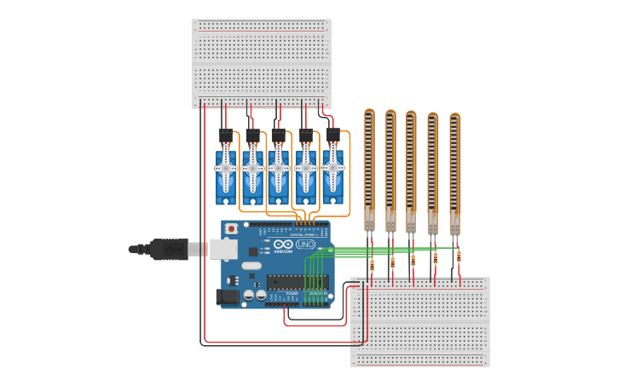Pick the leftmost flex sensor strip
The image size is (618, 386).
coord(369,166)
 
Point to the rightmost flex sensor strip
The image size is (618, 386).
coord(454,170)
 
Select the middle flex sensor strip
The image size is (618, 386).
coord(411,169)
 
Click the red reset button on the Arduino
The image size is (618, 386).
coord(231,229)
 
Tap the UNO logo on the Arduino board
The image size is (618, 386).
coord(305,245)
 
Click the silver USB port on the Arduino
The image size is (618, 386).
coord(224,249)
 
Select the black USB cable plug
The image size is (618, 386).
coord(169,250)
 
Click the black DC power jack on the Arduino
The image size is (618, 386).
coord(228,297)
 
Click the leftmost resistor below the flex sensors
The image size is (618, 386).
coord(372,265)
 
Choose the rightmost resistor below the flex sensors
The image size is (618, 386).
coord(459,256)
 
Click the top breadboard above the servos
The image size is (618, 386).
coord(261,63)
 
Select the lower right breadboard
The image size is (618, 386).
coord(419,321)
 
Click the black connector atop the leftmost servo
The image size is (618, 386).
coord(226,136)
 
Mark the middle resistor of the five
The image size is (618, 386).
coord(413,261)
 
